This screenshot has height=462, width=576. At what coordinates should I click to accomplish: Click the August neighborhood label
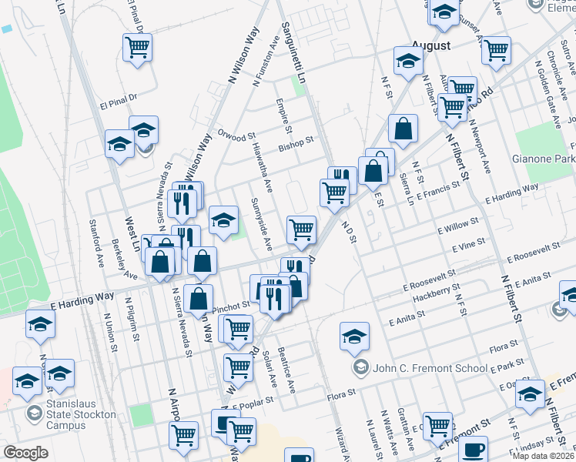[x=430, y=45]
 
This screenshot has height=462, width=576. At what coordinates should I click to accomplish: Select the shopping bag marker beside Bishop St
[x=403, y=130]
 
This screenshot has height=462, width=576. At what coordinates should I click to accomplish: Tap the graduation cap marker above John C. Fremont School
[x=354, y=336]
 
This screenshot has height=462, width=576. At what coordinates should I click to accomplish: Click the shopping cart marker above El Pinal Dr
[x=137, y=48]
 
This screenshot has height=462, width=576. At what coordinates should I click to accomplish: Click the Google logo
[x=26, y=453]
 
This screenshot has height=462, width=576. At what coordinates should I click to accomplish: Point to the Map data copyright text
[x=544, y=456]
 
